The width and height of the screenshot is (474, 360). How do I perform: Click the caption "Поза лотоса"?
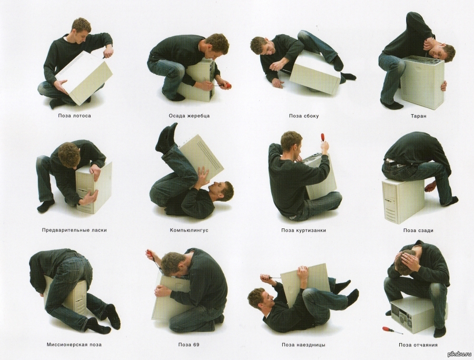pos(74,115)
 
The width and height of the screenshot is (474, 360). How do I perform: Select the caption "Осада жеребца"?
pos(189,116)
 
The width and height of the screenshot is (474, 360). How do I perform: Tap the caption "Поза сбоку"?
pos(304,116)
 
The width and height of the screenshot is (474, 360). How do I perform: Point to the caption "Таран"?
pos(418,116)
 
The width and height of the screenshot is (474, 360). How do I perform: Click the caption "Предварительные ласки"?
pos(74,230)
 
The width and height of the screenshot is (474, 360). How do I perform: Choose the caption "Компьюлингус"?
pos(189,230)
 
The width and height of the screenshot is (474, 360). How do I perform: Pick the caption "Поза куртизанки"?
pos(304,231)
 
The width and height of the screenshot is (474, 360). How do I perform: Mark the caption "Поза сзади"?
pos(418,231)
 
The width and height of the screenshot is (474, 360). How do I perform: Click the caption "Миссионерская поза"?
pos(74,345)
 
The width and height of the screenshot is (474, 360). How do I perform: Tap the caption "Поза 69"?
pos(189,345)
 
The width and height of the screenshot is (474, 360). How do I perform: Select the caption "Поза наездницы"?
pos(303,345)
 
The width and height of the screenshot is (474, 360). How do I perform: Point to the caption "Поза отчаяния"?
pos(418,345)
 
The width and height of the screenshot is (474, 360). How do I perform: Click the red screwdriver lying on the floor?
pos(393,330)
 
